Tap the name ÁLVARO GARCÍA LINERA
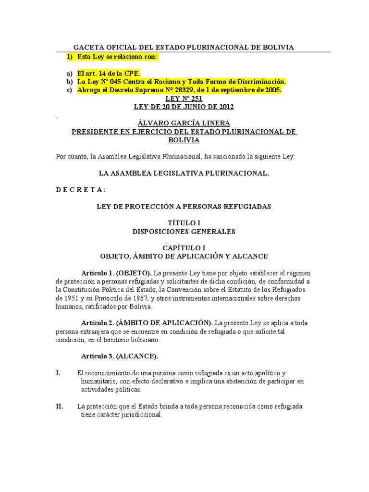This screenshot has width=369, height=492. point(184,123)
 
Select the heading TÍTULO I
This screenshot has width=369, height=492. point(184,223)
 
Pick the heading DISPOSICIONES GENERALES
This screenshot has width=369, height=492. point(184,232)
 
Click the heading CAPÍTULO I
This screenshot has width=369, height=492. point(184,248)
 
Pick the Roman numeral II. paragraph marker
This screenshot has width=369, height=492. point(60,406)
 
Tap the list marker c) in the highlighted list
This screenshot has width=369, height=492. point(69,90)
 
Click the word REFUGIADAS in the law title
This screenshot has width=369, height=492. point(248,207)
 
